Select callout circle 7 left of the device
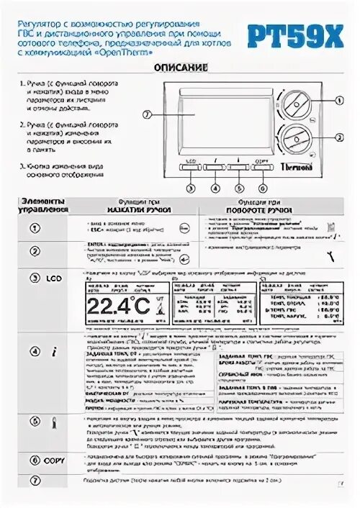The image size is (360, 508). (148, 114)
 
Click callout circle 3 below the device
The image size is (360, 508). (191, 188)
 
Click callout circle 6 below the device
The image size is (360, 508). (261, 188)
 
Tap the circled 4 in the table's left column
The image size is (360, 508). (34, 352)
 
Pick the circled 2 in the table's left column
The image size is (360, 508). (34, 251)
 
